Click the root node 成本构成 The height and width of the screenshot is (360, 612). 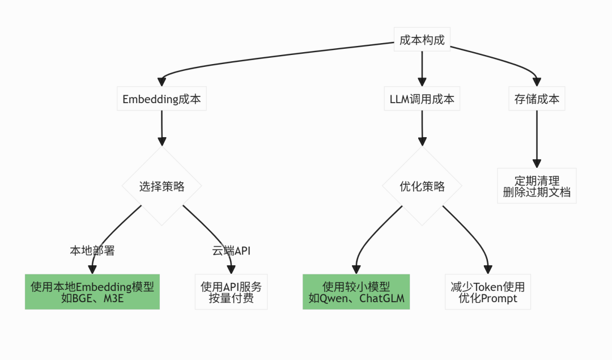coord(422,40)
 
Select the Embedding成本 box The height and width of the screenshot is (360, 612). coord(162,99)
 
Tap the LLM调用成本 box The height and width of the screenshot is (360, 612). coord(422,99)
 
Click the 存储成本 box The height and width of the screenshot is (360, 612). coord(537,99)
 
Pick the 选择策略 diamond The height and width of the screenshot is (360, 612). coord(162,187)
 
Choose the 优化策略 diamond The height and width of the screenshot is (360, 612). coord(422,187)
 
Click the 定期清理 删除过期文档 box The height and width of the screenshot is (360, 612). coord(537,186)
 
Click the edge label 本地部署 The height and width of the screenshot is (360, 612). coord(92,251)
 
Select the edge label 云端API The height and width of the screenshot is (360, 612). coord(231,251)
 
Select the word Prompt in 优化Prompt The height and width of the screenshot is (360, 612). coord(499,299)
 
